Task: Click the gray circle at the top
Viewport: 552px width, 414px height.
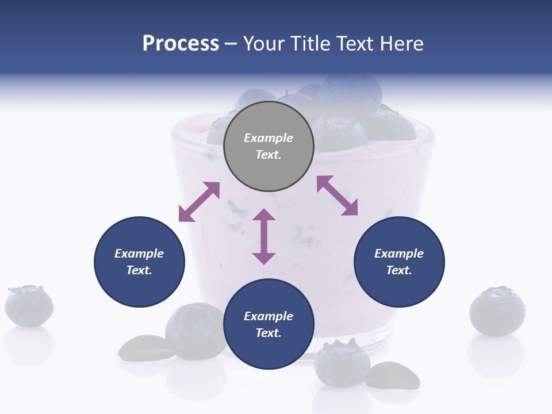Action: (x=269, y=146)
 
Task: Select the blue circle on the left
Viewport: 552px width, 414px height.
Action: (x=139, y=262)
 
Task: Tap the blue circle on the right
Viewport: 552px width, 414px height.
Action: (x=399, y=262)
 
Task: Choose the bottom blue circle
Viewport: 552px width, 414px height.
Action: (x=269, y=324)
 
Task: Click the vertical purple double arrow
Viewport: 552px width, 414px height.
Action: (x=264, y=236)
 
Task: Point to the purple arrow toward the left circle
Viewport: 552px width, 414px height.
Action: (x=199, y=202)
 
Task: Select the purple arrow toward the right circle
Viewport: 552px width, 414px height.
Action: (x=337, y=195)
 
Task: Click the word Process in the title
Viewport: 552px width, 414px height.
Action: (x=181, y=44)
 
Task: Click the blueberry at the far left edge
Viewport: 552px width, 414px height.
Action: (x=29, y=305)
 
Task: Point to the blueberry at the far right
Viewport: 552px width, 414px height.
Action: (x=497, y=311)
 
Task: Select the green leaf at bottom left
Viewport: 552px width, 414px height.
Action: (x=141, y=347)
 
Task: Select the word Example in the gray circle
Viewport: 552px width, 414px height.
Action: (x=269, y=138)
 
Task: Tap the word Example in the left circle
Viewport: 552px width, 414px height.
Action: (x=139, y=254)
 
